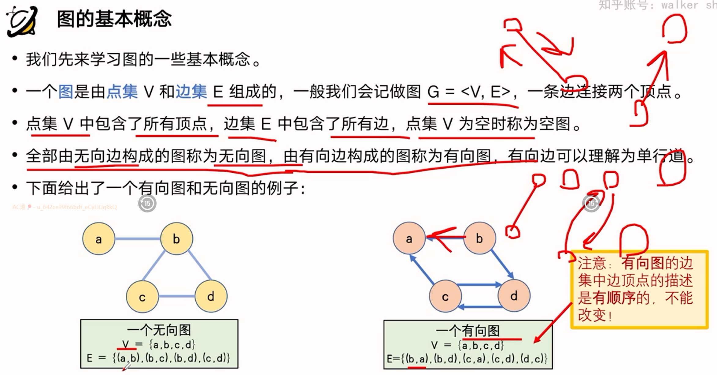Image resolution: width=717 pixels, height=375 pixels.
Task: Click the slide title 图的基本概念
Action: click(x=114, y=19)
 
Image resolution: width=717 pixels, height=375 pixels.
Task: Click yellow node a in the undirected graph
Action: click(x=98, y=239)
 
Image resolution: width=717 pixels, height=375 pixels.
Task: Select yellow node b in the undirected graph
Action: click(x=176, y=239)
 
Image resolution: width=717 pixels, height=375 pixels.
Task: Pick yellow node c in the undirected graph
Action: click(x=142, y=296)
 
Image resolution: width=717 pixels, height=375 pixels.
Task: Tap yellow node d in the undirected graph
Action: click(x=211, y=296)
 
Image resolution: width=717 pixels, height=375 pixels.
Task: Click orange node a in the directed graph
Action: click(x=409, y=238)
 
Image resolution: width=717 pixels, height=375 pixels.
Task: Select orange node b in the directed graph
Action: click(x=479, y=238)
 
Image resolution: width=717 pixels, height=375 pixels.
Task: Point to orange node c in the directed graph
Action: click(x=445, y=296)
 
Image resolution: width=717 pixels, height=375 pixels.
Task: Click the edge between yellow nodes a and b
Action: click(x=138, y=239)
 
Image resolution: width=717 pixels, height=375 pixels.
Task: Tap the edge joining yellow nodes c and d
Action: click(x=176, y=296)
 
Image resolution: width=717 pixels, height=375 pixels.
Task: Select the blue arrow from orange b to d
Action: click(x=502, y=264)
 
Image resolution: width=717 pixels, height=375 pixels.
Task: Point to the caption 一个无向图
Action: click(x=159, y=330)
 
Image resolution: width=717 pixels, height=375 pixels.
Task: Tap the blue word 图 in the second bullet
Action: click(x=66, y=92)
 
